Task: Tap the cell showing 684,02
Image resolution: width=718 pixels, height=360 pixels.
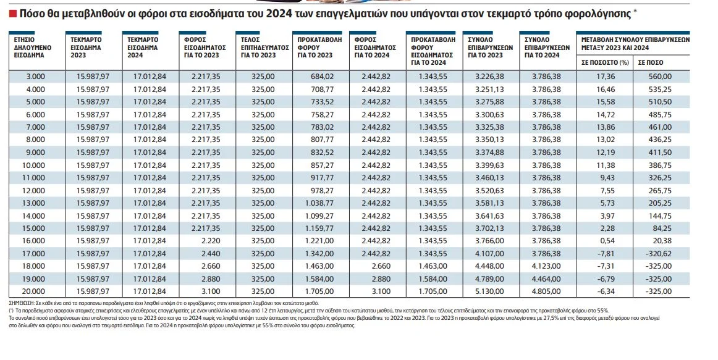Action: pos(321,77)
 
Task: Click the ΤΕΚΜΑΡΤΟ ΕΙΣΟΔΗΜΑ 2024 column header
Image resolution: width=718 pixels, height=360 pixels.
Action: pos(143,47)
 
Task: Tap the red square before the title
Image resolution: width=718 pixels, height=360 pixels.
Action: pos(12,13)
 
